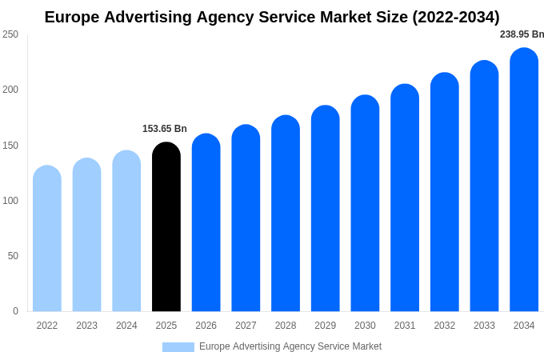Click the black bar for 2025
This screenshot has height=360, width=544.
tap(166, 228)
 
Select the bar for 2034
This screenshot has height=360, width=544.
tap(524, 180)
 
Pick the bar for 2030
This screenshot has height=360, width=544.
tap(365, 204)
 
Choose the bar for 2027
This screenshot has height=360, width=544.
tap(246, 218)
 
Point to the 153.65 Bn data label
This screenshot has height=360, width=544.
tap(165, 129)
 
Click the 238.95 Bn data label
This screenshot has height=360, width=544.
tap(522, 34)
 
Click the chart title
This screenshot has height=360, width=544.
tap(272, 17)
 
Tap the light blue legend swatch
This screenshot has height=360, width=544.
tap(178, 347)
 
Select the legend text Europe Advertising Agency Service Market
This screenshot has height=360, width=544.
tap(290, 346)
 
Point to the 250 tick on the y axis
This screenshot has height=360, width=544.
tap(10, 34)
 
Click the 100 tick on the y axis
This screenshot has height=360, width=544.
tap(10, 201)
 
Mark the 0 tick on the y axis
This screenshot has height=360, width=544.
tap(15, 311)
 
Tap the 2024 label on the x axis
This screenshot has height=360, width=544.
tap(126, 326)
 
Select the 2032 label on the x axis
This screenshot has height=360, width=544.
tap(445, 326)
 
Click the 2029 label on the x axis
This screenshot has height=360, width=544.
tap(325, 326)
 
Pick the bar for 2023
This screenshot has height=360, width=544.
tap(86, 235)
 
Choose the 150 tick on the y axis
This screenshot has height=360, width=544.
tap(10, 146)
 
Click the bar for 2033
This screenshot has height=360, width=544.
tap(484, 186)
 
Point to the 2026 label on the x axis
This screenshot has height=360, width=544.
tap(206, 326)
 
